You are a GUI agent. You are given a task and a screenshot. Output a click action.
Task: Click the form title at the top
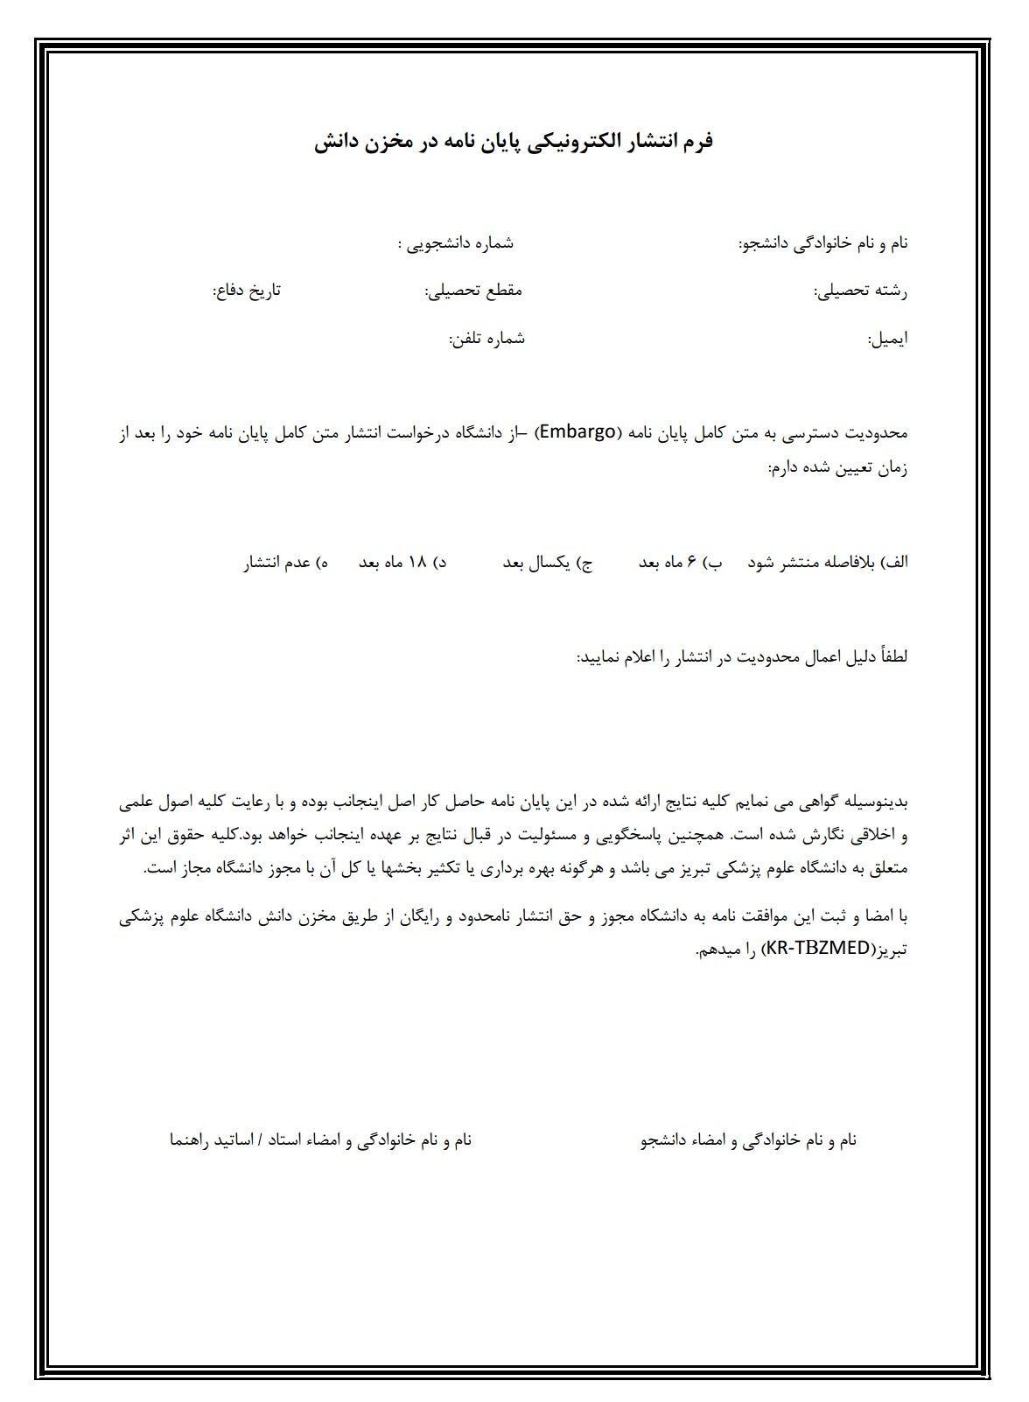click(514, 142)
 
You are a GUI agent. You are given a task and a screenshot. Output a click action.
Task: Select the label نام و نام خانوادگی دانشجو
click(823, 244)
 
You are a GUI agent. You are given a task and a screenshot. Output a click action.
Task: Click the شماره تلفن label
click(486, 339)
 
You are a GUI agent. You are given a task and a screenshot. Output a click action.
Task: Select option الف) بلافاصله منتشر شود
click(828, 563)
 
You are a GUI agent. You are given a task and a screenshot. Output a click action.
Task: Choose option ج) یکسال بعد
click(547, 563)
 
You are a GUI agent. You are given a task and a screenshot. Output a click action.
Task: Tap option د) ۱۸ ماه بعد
click(402, 563)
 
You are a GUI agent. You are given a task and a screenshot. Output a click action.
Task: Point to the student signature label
click(749, 1140)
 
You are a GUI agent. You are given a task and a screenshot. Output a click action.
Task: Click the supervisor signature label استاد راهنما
click(320, 1140)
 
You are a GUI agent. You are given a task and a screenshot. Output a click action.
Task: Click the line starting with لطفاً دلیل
click(742, 656)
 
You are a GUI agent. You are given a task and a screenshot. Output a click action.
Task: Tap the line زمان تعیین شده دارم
click(837, 469)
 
